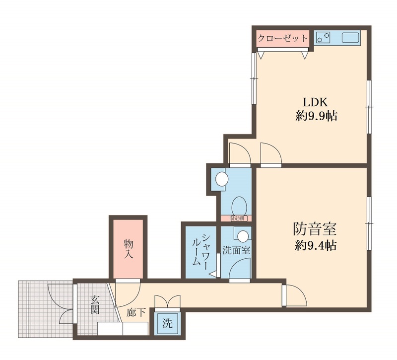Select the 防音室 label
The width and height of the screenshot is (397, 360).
coord(314,229)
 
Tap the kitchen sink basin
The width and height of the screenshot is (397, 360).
coord(350,38)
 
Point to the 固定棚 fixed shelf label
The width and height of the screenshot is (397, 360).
coord(236,218)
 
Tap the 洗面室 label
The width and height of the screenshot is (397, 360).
coord(236,250)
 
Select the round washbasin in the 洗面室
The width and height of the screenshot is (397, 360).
coord(243,235)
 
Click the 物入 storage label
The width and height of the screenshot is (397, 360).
coord(129,248)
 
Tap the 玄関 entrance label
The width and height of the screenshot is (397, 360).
coord(94,305)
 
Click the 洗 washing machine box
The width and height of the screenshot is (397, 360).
coord(168,324)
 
